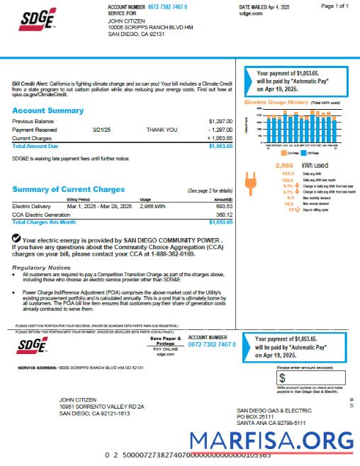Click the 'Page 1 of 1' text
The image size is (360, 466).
(x=334, y=6)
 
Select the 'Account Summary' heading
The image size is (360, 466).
(x=47, y=111)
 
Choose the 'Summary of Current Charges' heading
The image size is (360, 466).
(x=68, y=189)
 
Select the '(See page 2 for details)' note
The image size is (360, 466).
(x=209, y=191)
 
